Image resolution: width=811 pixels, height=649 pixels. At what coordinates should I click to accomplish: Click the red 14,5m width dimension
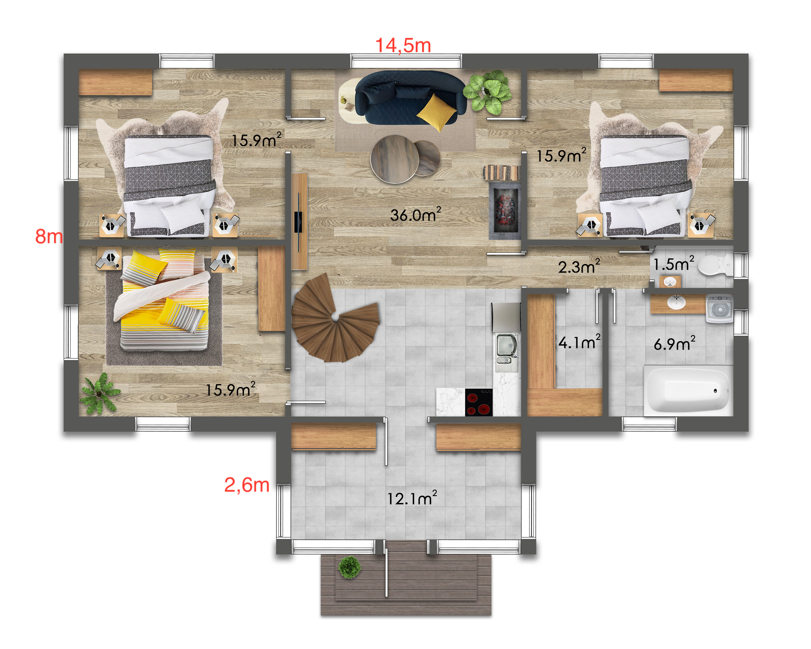pos(403,45)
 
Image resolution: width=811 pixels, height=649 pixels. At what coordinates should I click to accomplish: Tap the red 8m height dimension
pos(49,236)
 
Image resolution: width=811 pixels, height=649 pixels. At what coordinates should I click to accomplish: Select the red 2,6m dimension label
pos(247,485)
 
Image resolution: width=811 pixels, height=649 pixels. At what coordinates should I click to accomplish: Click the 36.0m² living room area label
pos(416,215)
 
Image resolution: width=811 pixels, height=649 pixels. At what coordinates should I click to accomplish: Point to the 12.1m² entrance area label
pos(412,498)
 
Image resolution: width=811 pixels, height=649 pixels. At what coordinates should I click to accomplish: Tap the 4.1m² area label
pos(579,342)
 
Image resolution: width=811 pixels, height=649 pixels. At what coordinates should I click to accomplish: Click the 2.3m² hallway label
pos(579,266)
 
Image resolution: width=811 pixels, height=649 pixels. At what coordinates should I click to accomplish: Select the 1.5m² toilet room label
pos(674,264)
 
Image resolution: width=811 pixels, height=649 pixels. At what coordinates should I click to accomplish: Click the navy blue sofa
pos(410,97)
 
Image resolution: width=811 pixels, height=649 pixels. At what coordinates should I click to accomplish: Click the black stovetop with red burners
pos(479,402)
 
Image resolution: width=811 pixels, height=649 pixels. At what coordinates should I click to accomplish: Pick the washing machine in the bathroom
pos(720,309)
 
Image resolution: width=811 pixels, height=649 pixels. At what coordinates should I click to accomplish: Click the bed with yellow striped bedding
pos(165,300)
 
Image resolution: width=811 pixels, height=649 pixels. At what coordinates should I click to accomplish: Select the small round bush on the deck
pos(349,567)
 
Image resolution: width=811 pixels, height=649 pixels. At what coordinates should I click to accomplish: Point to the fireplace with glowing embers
pos(505,211)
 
